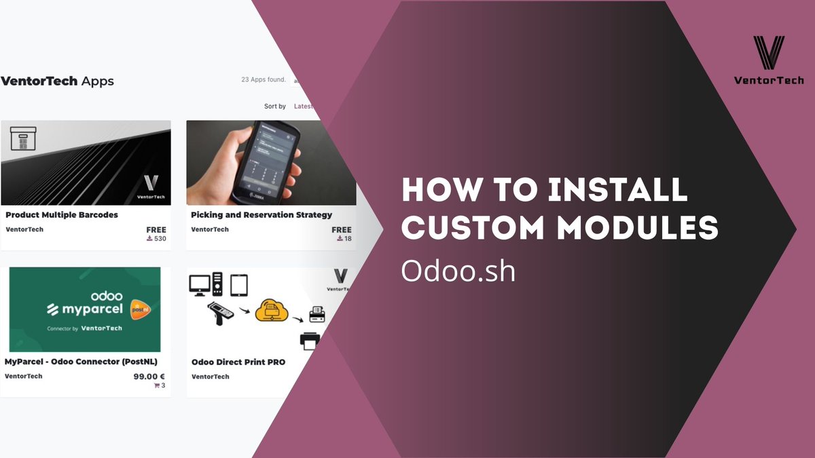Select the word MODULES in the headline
tap(638, 227)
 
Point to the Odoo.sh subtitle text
tap(458, 271)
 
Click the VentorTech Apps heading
tap(57, 81)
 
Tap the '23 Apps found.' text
tap(264, 79)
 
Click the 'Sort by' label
tap(275, 107)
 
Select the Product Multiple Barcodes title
tap(62, 214)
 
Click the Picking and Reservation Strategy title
tap(261, 214)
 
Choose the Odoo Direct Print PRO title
tap(238, 362)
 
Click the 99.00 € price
tap(149, 376)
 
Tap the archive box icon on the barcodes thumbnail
tap(23, 139)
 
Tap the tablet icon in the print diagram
tap(238, 284)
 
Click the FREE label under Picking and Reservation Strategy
tap(342, 230)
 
